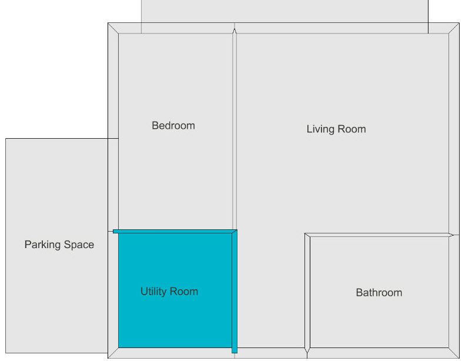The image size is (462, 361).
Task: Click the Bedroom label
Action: click(173, 126)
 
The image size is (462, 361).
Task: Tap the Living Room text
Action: click(336, 129)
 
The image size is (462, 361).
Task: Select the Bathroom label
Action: click(379, 293)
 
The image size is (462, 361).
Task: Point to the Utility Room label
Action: click(169, 292)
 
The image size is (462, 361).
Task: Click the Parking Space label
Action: click(59, 245)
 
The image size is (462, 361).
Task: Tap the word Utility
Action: click(153, 292)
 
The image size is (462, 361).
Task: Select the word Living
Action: click(320, 129)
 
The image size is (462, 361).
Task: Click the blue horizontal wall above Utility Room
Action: click(175, 231)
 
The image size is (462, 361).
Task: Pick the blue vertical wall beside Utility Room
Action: click(235, 291)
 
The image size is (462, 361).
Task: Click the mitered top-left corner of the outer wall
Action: click(113, 28)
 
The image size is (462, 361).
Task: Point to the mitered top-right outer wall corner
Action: click(454, 28)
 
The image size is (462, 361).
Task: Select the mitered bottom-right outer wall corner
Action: click(454, 353)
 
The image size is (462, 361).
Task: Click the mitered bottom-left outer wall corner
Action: click(113, 353)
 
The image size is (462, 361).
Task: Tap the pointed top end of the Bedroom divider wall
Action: click(235, 29)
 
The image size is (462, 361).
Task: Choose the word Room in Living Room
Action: click(352, 129)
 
